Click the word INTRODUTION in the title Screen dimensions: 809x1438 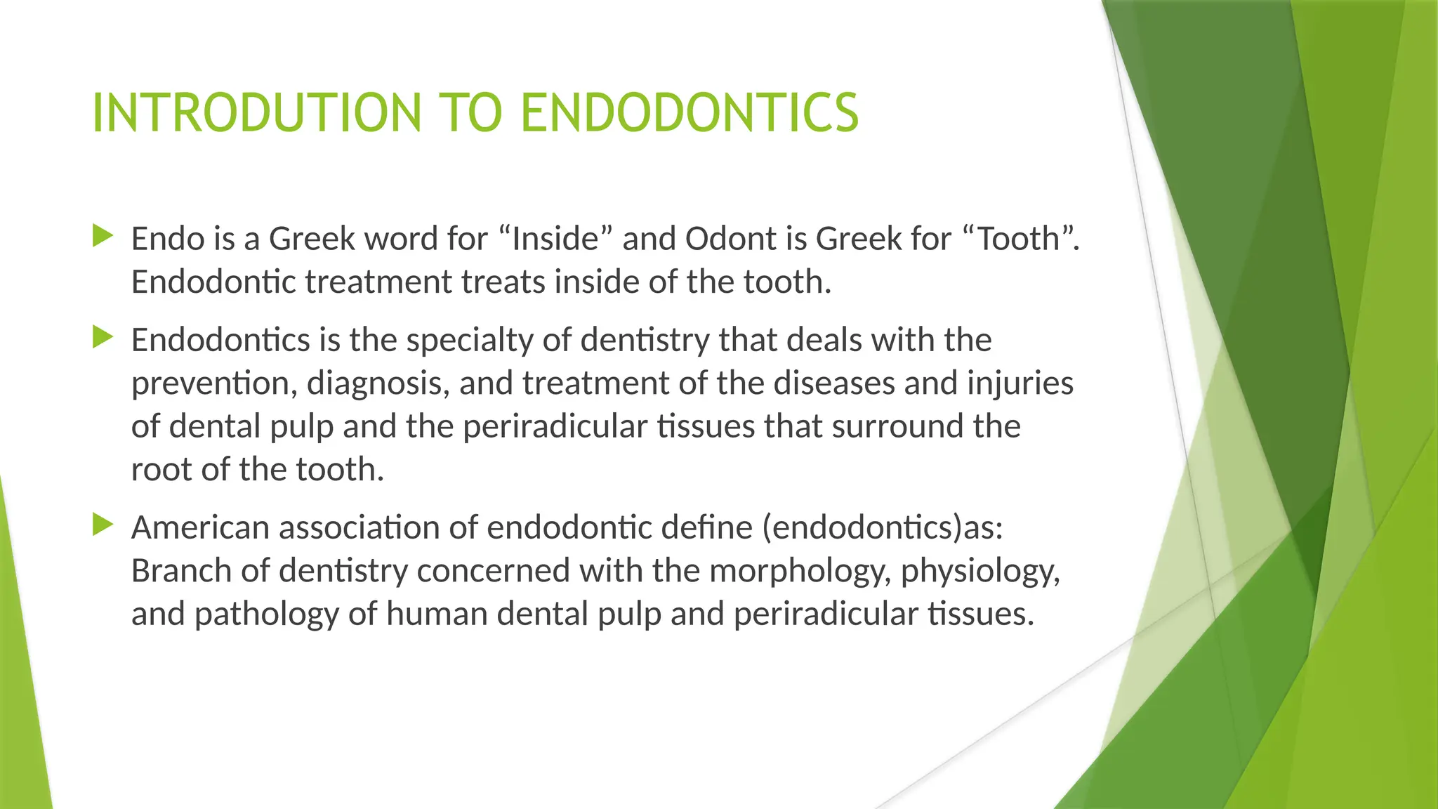(256, 113)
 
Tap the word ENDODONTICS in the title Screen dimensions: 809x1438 (690, 113)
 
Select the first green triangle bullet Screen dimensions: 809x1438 (103, 236)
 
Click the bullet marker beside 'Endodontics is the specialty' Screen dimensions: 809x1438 (103, 337)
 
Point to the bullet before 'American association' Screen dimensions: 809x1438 (103, 525)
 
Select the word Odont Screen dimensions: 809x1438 (730, 239)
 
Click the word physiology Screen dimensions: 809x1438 (980, 571)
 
